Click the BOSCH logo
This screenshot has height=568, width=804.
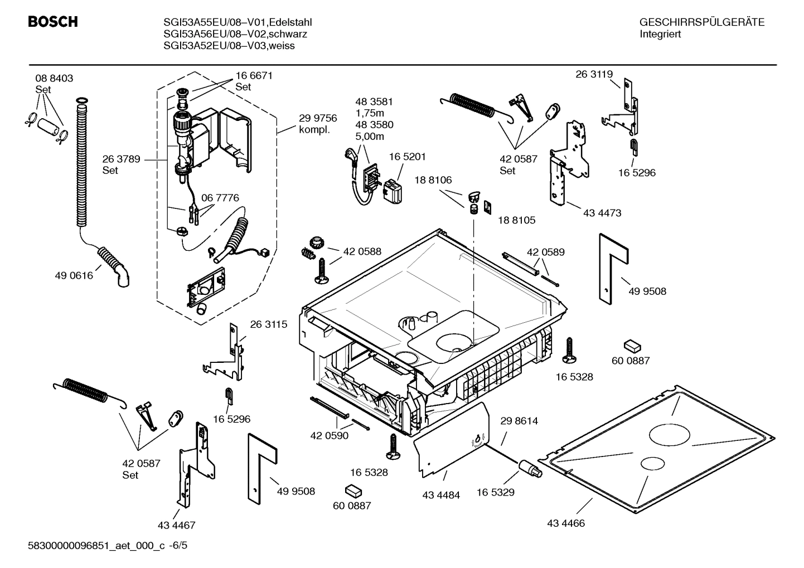click(52, 22)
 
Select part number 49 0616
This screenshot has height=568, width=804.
click(74, 275)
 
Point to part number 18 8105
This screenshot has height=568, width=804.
click(516, 220)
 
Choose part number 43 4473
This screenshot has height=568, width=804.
click(602, 213)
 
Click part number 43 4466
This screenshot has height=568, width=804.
click(566, 523)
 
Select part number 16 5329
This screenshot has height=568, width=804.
click(495, 492)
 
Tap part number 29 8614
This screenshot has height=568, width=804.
click(519, 421)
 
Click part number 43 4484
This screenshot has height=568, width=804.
click(441, 495)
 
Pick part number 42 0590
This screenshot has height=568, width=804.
click(329, 435)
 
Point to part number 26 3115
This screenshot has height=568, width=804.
click(269, 324)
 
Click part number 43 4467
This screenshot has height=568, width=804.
click(176, 525)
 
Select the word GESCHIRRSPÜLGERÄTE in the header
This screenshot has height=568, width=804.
click(701, 22)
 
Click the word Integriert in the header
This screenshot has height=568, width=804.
click(660, 34)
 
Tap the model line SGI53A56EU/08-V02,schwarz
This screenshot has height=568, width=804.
click(235, 34)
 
